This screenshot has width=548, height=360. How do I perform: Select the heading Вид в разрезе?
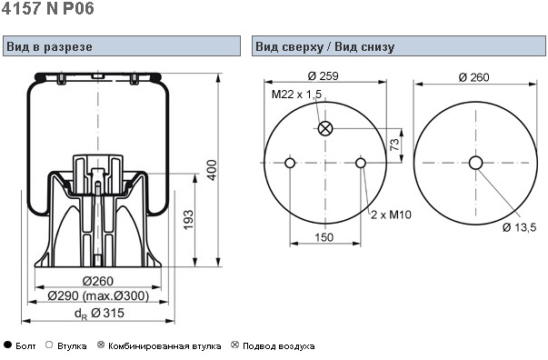pyautogui.click(x=49, y=46)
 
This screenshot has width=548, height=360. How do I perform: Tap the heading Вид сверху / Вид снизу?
pyautogui.click(x=325, y=46)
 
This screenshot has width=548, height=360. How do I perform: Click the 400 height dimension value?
pyautogui.click(x=212, y=170)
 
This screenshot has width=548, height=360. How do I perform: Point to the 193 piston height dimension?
pyautogui.click(x=188, y=219)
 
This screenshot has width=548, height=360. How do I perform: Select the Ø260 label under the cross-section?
pyautogui.click(x=98, y=281)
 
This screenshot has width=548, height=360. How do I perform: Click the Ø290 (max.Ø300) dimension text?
pyautogui.click(x=98, y=296)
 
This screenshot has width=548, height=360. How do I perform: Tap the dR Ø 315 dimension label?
pyautogui.click(x=99, y=313)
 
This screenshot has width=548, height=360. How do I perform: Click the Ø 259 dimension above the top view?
pyautogui.click(x=324, y=75)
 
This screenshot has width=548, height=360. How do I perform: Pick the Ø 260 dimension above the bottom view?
pyautogui.click(x=473, y=77)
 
